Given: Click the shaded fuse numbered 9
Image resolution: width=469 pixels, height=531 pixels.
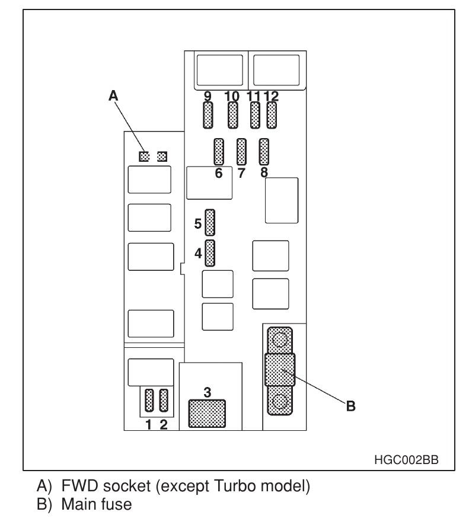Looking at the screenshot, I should (x=208, y=115).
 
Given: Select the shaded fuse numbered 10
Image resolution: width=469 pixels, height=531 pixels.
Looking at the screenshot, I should (x=232, y=115).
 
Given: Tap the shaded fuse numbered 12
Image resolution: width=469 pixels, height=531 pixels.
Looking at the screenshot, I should (x=272, y=115).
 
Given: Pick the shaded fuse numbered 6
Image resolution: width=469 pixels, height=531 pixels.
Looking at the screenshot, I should (x=218, y=152).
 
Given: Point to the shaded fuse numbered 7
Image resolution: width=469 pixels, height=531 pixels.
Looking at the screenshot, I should (x=241, y=152).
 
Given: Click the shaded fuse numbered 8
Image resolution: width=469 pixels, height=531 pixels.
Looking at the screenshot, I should (x=264, y=152).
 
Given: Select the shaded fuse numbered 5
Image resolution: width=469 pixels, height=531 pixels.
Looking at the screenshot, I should (x=209, y=222).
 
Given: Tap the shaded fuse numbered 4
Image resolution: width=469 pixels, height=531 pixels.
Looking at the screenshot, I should (x=209, y=253).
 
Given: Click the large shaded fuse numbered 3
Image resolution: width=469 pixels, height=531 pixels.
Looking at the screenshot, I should (x=207, y=413).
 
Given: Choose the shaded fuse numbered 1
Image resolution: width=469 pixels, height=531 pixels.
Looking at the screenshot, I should (x=149, y=401).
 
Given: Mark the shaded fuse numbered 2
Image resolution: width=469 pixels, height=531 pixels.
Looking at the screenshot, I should (x=164, y=401).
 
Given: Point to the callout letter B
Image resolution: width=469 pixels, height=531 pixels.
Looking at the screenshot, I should (x=350, y=406).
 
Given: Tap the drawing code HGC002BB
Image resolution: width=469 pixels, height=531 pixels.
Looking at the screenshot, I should (x=407, y=459).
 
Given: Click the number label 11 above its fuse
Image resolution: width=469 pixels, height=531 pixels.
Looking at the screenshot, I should (x=253, y=95).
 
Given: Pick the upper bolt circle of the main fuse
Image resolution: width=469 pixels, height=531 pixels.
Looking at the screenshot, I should (x=280, y=340).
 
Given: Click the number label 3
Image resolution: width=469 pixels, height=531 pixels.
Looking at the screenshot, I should (x=207, y=391).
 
